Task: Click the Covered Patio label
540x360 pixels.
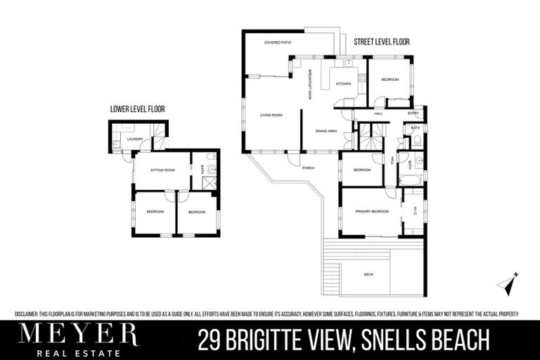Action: click(278, 43)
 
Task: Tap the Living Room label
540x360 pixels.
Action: click(271, 115)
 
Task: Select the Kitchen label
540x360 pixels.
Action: click(343, 84)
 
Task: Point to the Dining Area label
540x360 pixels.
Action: click(327, 131)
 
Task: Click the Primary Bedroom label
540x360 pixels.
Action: click(372, 211)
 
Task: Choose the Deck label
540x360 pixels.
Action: click(368, 274)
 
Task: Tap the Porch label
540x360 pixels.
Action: click(308, 167)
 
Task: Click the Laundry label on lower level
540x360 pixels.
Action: click(135, 139)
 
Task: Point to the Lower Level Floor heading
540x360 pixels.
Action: click(137, 109)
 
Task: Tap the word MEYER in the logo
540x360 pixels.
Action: click(79, 333)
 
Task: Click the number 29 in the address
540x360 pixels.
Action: click(209, 340)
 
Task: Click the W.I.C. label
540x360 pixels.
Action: click(416, 211)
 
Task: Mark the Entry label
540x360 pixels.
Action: click(413, 113)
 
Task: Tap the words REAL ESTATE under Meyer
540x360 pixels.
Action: click(79, 352)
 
